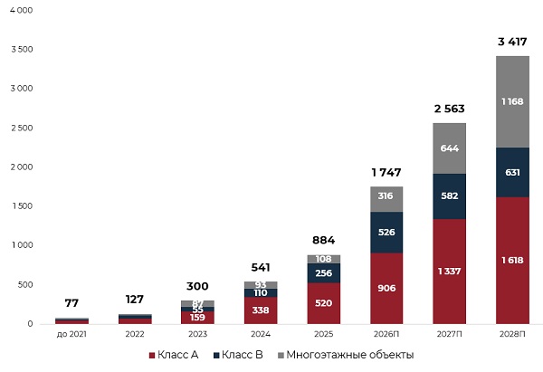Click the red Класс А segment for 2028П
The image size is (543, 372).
pos(512,260)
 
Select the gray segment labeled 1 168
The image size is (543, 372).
pos(512,101)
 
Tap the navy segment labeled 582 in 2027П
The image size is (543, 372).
pos(449,196)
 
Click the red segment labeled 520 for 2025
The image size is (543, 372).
pos(323,303)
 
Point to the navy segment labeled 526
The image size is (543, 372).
pos(386,233)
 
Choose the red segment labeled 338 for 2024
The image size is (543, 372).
pos(260,310)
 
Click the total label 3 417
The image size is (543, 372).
pos(513,42)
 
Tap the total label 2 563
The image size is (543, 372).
pos(450,109)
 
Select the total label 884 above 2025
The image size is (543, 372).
pos(323,241)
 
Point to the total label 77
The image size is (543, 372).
pos(71,304)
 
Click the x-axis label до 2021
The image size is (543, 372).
pos(71,334)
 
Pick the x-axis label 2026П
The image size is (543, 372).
pos(386,334)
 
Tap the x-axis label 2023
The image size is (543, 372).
pos(197,334)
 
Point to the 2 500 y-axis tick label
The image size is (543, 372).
pos(20,128)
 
